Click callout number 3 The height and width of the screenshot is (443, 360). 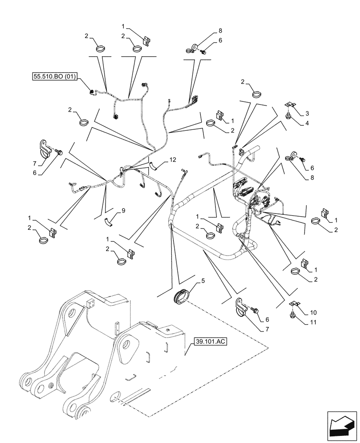[x=306, y=113]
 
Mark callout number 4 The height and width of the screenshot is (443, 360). [x=306, y=124]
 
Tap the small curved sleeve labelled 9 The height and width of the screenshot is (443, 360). [x=109, y=222]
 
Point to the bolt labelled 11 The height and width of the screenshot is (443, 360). [x=293, y=315]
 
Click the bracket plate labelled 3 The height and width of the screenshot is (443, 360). [x=289, y=105]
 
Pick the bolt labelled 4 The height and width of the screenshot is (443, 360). [x=289, y=116]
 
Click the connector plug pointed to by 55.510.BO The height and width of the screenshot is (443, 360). [x=92, y=92]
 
